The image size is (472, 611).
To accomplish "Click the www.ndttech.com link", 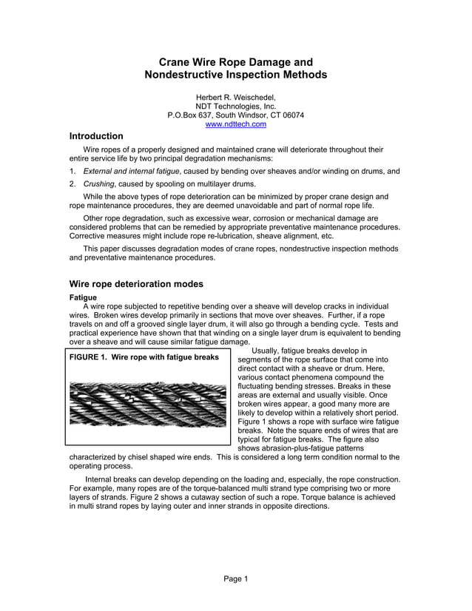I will pos(235,124).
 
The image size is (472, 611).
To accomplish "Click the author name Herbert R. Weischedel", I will pos(235,97).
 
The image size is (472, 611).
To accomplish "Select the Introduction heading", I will pos(96,137).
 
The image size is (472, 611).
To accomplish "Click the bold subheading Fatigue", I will pos(83,297).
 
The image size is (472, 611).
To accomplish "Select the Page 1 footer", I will pos(235,578).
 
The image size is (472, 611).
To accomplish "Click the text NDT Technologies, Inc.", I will pos(235,107).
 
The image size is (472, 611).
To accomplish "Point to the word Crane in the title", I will pos(175,62).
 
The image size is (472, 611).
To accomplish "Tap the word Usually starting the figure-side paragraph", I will pos(269,351).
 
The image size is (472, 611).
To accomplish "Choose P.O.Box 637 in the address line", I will pos(194,115).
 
